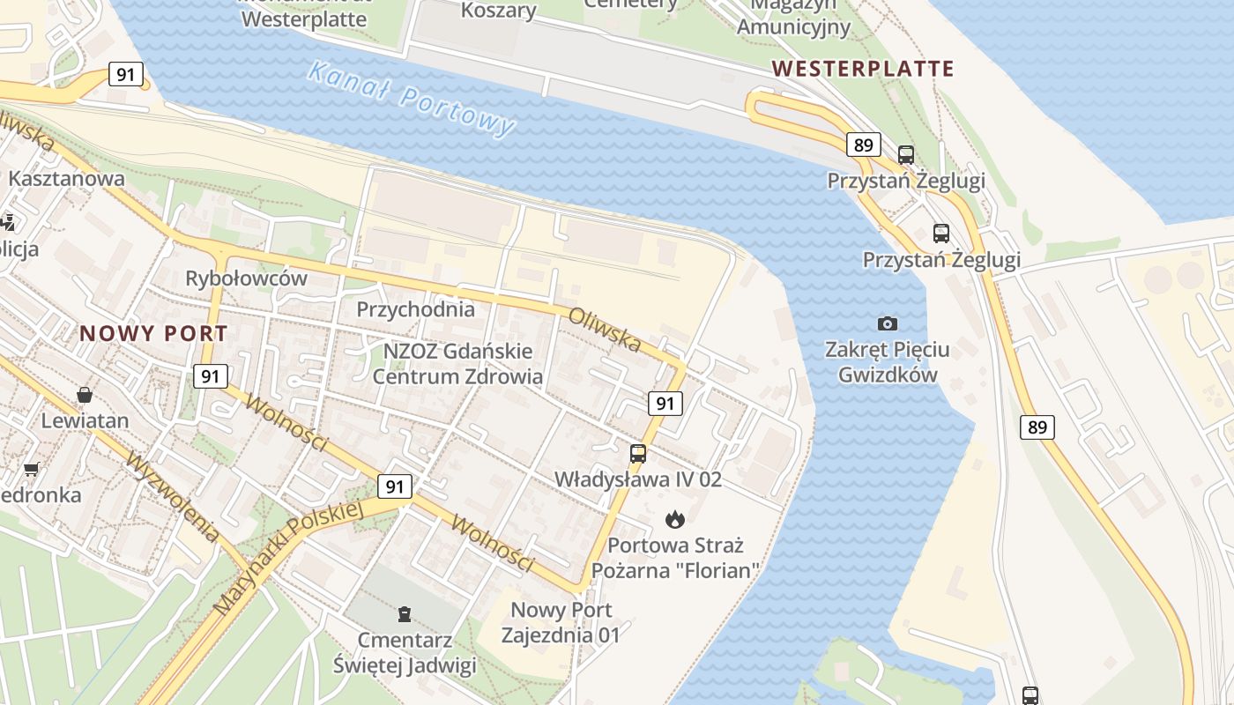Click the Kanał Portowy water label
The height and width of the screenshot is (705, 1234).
[411, 98]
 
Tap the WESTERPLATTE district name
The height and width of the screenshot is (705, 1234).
[863, 69]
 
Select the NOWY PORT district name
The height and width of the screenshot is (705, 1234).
[153, 334]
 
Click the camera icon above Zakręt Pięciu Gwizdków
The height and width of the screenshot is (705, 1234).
[888, 323]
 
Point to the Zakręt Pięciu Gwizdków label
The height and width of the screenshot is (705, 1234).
[888, 362]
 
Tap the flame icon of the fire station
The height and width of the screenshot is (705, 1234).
[675, 518]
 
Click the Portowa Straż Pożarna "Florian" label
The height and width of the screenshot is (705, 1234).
[675, 558]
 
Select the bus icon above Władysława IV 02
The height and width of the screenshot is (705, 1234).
[638, 454]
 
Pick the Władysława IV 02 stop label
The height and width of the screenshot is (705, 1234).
[638, 479]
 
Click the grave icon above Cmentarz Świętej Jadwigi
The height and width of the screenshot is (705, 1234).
[405, 613]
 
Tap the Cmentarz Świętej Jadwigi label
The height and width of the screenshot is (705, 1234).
[405, 652]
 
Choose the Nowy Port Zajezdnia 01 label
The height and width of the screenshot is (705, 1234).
[561, 622]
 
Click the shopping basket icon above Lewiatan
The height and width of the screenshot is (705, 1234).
[85, 394]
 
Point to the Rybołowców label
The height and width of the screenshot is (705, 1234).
[246, 278]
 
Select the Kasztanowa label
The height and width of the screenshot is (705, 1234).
[66, 178]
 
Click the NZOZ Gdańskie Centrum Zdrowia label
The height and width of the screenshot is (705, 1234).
[457, 363]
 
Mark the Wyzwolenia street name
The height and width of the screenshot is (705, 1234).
[173, 497]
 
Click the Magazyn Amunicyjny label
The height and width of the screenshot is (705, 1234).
[793, 18]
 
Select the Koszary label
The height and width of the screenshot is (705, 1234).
[499, 11]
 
